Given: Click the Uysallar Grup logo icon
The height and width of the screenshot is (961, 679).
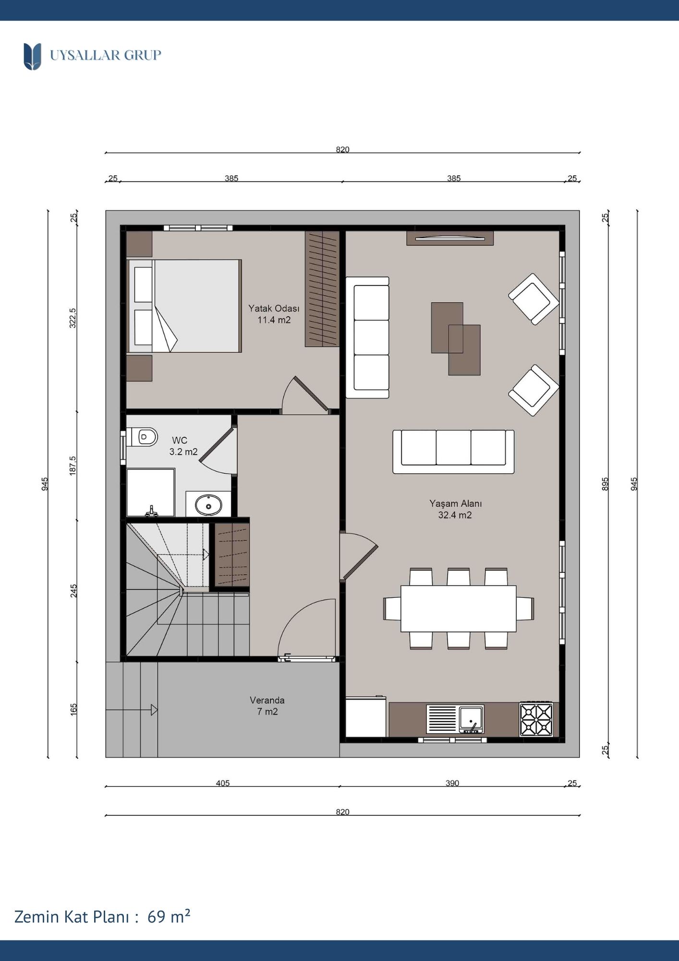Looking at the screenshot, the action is point(32,56).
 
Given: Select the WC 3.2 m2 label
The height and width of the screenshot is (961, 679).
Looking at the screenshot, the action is point(183,446).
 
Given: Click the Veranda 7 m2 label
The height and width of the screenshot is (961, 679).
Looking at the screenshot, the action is point(267,706).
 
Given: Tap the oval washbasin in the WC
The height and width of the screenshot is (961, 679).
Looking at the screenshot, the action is point(208,505).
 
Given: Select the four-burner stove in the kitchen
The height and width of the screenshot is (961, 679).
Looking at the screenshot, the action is point(536,719).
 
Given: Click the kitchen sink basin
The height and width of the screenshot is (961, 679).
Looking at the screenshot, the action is point(471,718).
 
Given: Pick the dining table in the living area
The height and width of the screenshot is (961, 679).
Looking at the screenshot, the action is point(458,608).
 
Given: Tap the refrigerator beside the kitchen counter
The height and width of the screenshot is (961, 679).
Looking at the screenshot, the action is point(365,716).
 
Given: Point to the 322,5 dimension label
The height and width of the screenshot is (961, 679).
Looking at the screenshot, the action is point(73,318).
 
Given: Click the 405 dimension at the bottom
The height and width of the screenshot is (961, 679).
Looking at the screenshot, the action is point(223,783).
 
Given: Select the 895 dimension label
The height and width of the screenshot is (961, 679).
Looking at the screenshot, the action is point(605,483).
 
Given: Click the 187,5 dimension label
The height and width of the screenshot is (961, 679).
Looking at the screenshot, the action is point(73,466).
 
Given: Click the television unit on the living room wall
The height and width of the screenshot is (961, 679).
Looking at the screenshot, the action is point(450,238).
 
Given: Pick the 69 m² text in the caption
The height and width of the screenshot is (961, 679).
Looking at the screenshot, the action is point(169,917).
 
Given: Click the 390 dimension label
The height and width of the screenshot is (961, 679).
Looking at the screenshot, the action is point(452,783).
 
